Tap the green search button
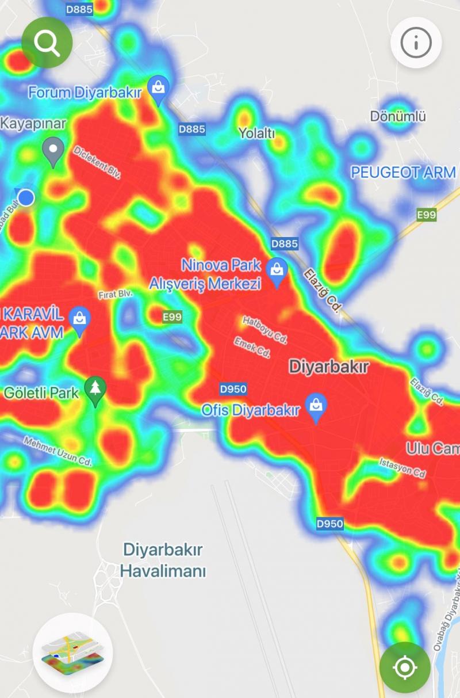click(x=47, y=42)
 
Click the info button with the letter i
click(x=416, y=42)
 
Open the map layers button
click(x=72, y=652)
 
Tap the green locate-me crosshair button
click(x=405, y=668)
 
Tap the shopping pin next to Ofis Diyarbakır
click(x=316, y=407)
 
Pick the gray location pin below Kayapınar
click(x=53, y=151)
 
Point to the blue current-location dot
click(x=26, y=198)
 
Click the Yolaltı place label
click(x=256, y=134)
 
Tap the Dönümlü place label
click(x=398, y=116)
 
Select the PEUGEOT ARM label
click(x=402, y=173)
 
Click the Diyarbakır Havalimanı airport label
click(x=163, y=560)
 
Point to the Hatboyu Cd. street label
click(x=264, y=329)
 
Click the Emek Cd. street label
click(x=252, y=348)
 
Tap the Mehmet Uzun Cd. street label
click(x=57, y=451)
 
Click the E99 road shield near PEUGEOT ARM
click(x=426, y=215)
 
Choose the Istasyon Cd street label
click(x=402, y=467)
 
